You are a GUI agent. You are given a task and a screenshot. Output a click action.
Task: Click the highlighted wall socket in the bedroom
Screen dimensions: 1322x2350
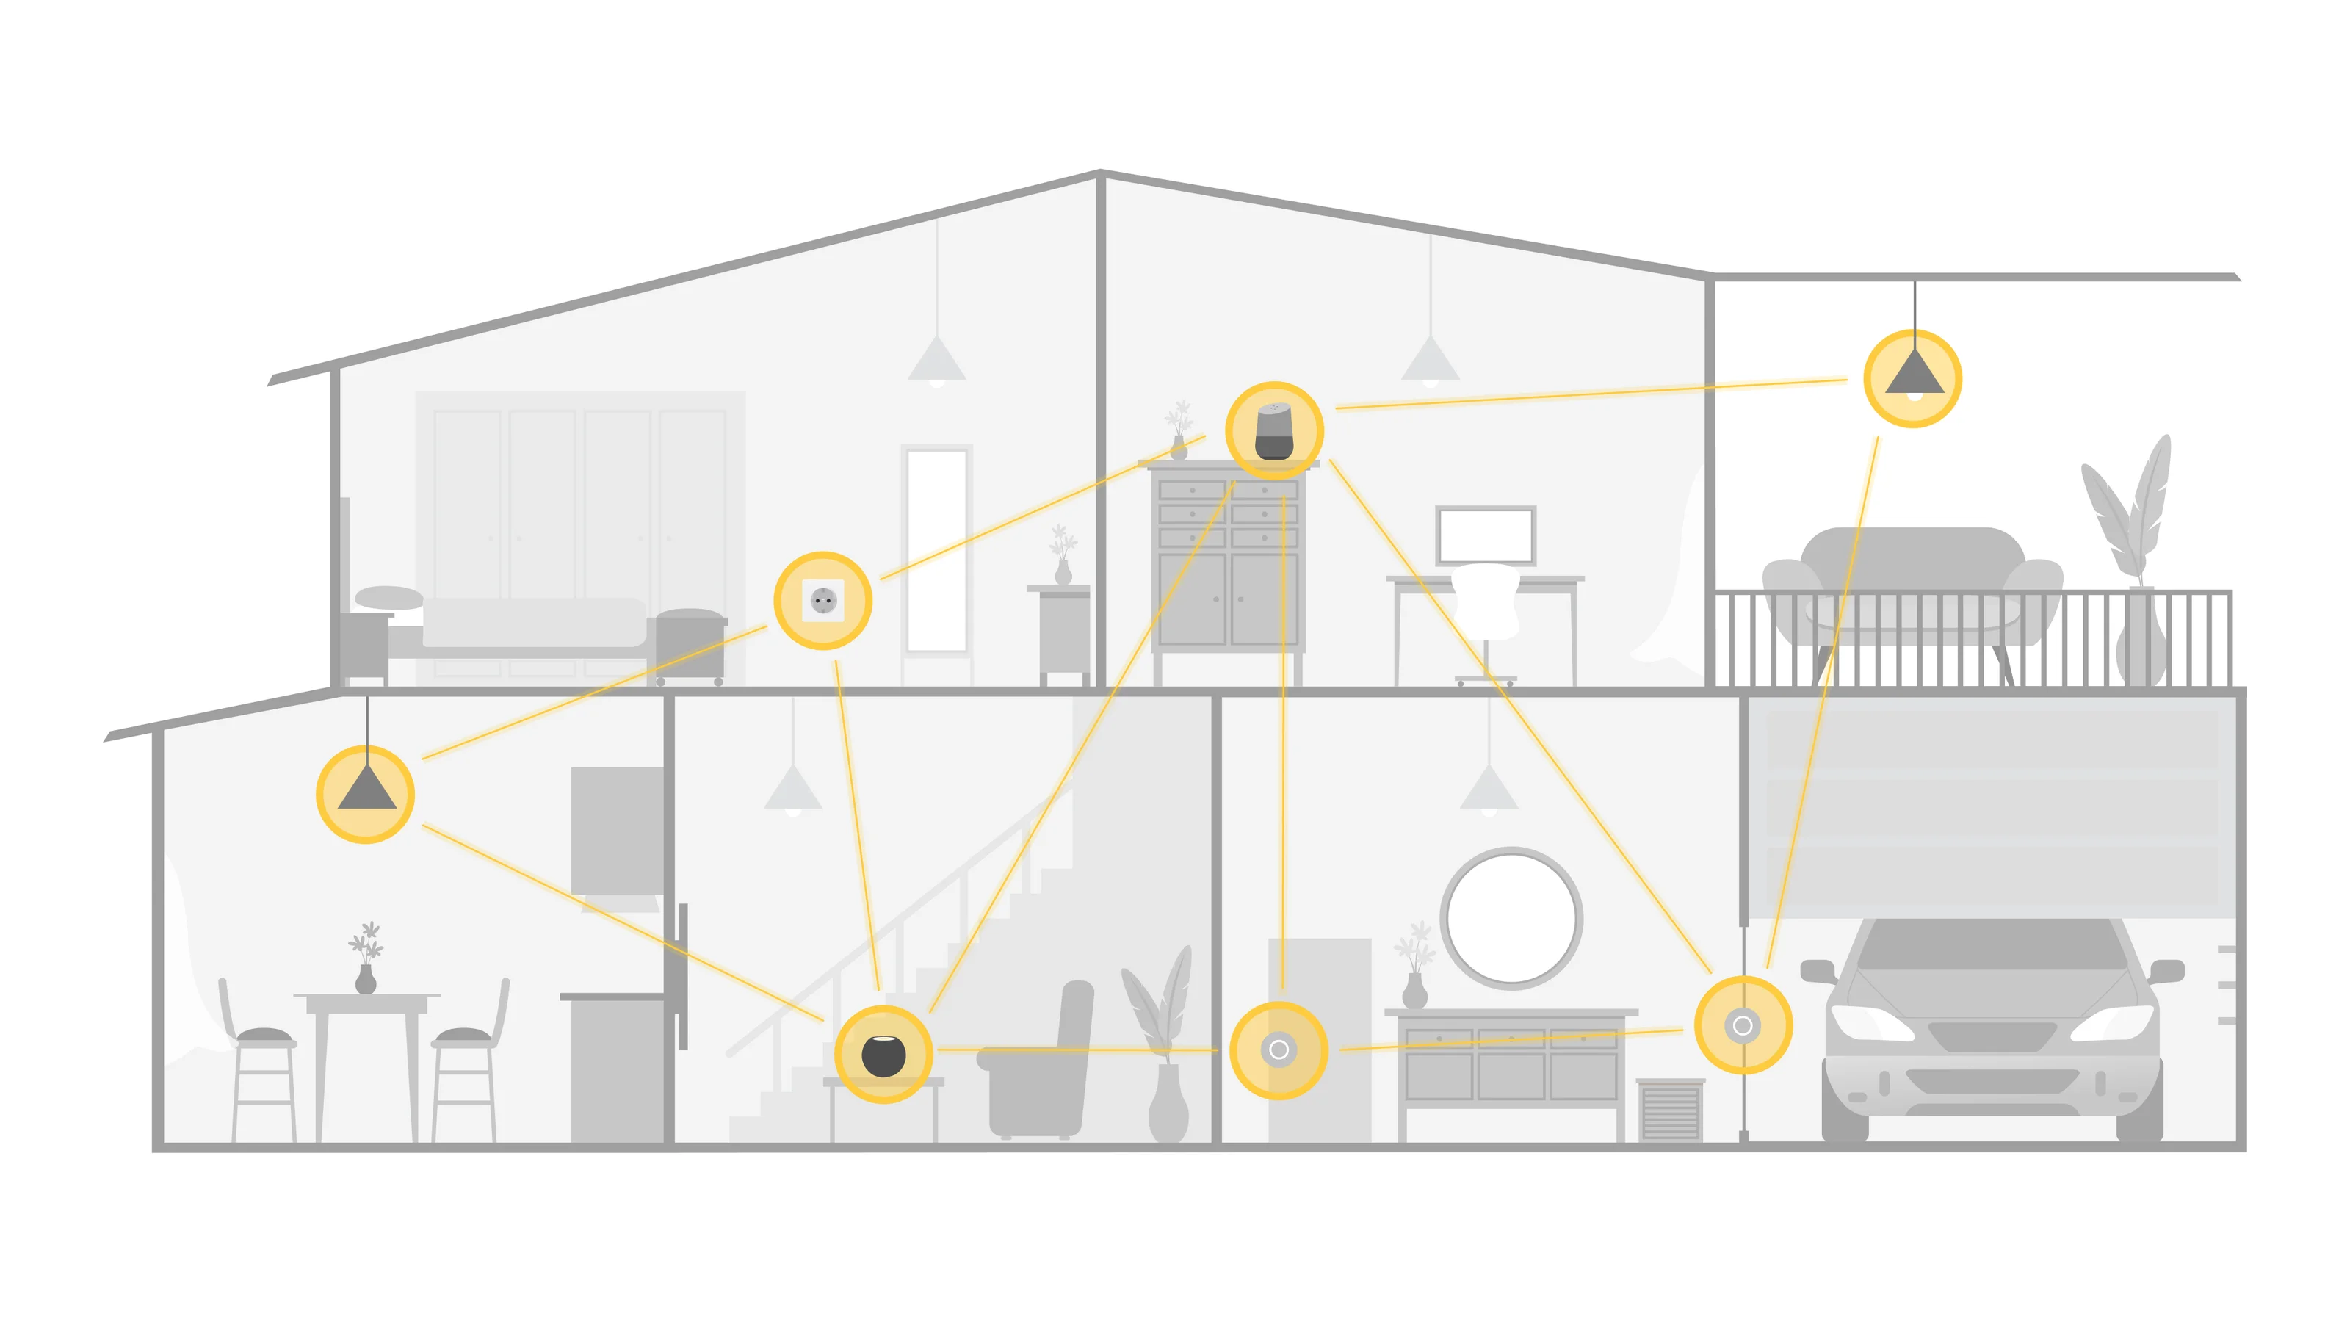point(822,600)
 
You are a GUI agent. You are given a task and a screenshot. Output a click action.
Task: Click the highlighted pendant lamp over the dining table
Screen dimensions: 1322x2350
point(366,793)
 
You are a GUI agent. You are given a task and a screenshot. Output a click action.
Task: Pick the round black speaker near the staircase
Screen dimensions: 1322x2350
point(883,1055)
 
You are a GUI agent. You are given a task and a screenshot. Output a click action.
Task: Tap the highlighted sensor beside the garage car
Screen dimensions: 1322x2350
point(1743,1025)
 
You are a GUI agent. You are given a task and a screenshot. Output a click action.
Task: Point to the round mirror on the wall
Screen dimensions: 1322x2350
point(1511,918)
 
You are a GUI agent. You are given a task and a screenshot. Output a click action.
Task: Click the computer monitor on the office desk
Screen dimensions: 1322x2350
point(1485,535)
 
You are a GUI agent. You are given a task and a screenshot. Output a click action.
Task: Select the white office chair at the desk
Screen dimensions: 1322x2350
point(1485,602)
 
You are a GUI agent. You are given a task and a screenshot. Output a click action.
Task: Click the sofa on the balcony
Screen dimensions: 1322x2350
point(1912,584)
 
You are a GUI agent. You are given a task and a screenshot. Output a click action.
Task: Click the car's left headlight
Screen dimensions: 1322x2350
point(1870,1022)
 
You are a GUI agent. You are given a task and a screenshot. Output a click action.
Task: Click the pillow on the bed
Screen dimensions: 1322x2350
point(389,598)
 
